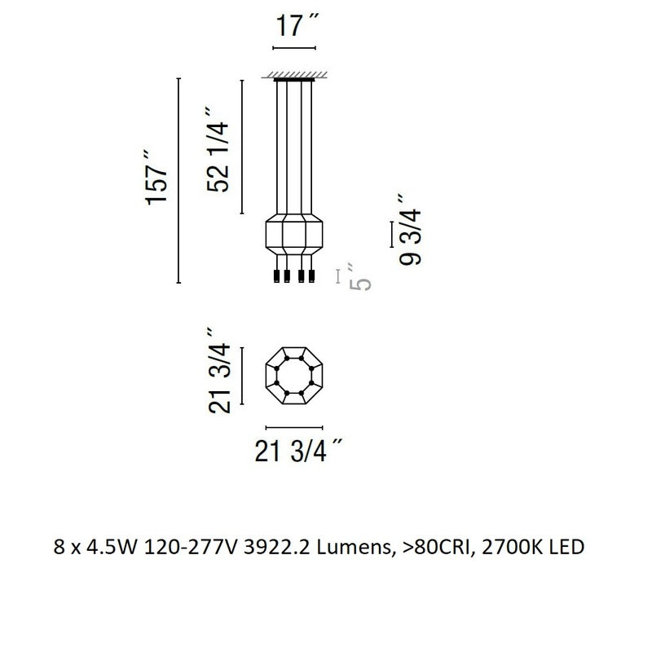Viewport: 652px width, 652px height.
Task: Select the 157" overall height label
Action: pos(156,178)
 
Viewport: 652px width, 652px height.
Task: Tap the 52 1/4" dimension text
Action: pos(218,150)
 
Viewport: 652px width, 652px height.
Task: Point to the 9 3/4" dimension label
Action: pos(410,230)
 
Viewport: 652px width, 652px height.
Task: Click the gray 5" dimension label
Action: pos(359,276)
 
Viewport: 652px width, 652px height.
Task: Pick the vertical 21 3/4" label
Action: pos(219,371)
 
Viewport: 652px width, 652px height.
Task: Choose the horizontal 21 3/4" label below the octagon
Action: pos(298,451)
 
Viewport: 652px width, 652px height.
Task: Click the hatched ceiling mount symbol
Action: pos(294,76)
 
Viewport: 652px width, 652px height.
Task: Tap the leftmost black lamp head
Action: pos(276,276)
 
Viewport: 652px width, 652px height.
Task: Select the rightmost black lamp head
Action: pos(312,276)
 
